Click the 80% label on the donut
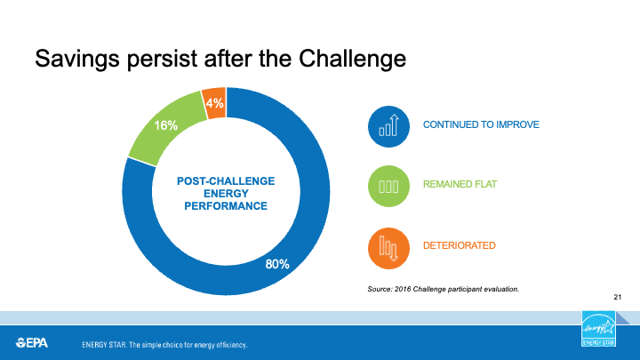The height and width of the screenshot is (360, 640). [277, 264]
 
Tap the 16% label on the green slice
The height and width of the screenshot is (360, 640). [165, 125]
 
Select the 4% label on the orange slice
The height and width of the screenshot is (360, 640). [215, 103]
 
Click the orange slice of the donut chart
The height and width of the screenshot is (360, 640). [214, 103]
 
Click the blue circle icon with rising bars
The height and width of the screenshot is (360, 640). [388, 126]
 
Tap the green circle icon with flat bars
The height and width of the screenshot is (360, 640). [388, 186]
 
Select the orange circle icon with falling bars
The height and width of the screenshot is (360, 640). [388, 248]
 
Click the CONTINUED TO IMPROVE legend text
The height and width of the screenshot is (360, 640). [481, 124]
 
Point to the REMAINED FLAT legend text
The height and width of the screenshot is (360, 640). [460, 184]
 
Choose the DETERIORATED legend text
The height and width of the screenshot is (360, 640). [460, 245]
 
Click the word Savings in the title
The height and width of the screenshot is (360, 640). [77, 60]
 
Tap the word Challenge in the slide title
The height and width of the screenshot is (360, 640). [352, 59]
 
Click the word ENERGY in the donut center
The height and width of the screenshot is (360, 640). [226, 194]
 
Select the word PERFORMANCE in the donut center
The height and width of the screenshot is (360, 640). [226, 205]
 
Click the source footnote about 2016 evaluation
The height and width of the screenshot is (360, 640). [444, 289]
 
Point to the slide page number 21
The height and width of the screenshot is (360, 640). [618, 297]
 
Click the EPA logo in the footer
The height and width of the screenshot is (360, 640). [32, 343]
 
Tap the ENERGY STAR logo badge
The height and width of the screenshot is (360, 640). [598, 329]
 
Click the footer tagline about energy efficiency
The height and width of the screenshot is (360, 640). [164, 345]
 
